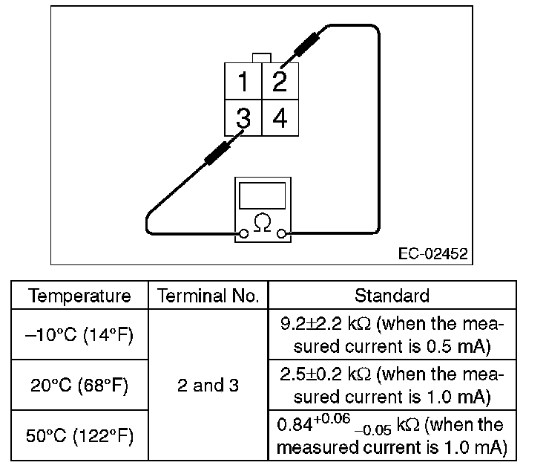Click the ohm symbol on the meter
click(261, 221)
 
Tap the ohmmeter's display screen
click(261, 195)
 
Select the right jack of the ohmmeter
click(281, 235)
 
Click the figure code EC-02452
click(432, 254)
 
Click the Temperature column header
click(79, 296)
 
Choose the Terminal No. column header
click(208, 296)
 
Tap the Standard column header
click(392, 296)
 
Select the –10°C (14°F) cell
click(79, 336)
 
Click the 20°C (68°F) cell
click(79, 386)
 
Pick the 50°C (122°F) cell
click(79, 435)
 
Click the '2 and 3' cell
click(208, 386)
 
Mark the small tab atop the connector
click(261, 58)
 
